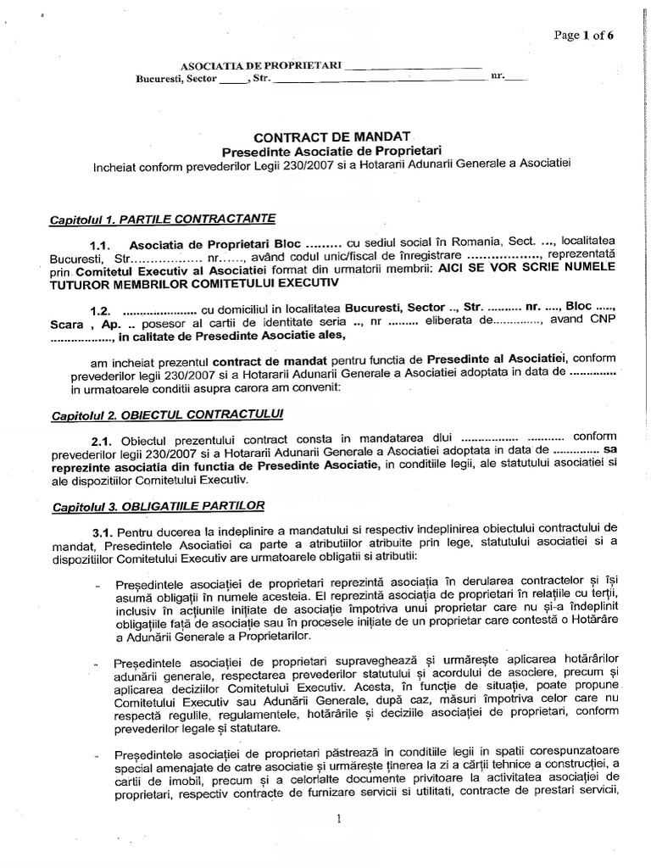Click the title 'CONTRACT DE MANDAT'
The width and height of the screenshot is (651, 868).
click(333, 136)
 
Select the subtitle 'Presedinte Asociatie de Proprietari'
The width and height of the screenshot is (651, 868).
click(332, 150)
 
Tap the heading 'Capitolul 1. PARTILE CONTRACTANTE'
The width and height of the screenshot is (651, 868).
click(163, 219)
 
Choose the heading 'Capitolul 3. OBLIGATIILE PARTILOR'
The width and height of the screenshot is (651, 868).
click(159, 506)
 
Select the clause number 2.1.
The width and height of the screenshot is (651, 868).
click(102, 441)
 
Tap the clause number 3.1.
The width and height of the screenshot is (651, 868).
click(103, 531)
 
